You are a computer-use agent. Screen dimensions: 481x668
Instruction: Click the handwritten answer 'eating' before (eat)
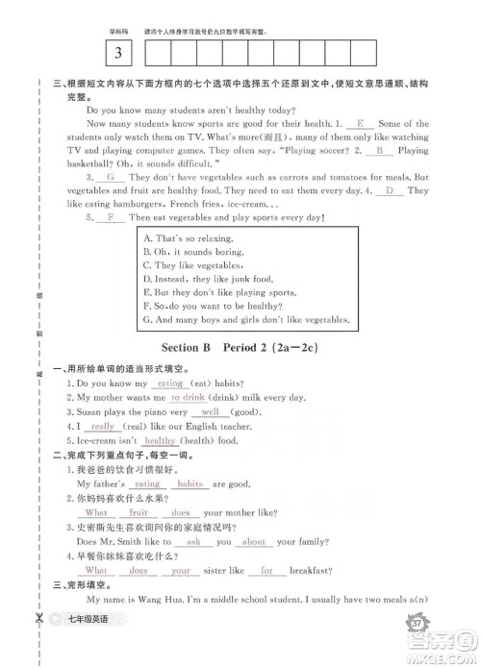pyautogui.click(x=170, y=383)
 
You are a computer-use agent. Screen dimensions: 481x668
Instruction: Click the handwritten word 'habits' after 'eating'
pyautogui.click(x=190, y=484)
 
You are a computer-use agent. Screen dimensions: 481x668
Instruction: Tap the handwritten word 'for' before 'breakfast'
pyautogui.click(x=266, y=570)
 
